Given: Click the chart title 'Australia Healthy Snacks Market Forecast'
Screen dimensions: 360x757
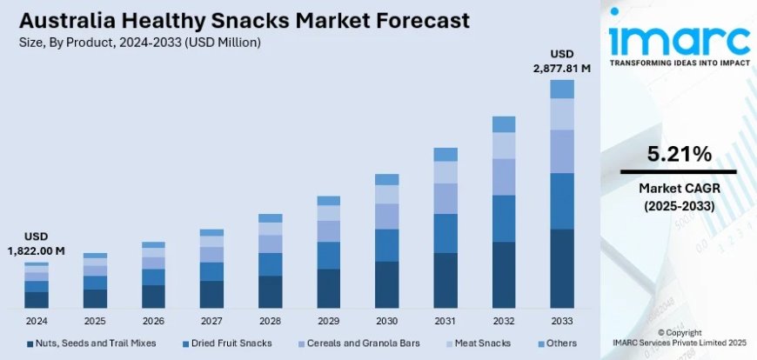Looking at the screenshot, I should [237, 20].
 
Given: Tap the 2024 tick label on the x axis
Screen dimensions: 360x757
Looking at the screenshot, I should [37, 320].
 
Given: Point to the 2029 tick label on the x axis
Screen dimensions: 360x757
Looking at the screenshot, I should [329, 320].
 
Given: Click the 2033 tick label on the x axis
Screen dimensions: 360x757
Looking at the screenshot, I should [562, 320].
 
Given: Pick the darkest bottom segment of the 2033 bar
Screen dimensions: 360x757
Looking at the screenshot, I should [562, 269].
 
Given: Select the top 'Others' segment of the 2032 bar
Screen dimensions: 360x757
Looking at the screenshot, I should [504, 124].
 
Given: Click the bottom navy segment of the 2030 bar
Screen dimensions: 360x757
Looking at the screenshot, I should [387, 285].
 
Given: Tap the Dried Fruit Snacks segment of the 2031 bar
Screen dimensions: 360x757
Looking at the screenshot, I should [445, 233].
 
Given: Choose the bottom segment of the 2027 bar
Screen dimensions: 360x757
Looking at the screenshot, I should [211, 295].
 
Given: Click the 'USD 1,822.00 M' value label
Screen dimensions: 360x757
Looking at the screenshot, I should [37, 243].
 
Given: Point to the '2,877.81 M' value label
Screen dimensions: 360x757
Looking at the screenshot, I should [562, 68].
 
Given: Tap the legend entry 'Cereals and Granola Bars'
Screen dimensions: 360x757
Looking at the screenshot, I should [358, 343].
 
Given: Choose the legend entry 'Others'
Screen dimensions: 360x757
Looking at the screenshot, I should [556, 343].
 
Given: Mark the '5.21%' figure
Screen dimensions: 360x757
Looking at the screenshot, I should [679, 155].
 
